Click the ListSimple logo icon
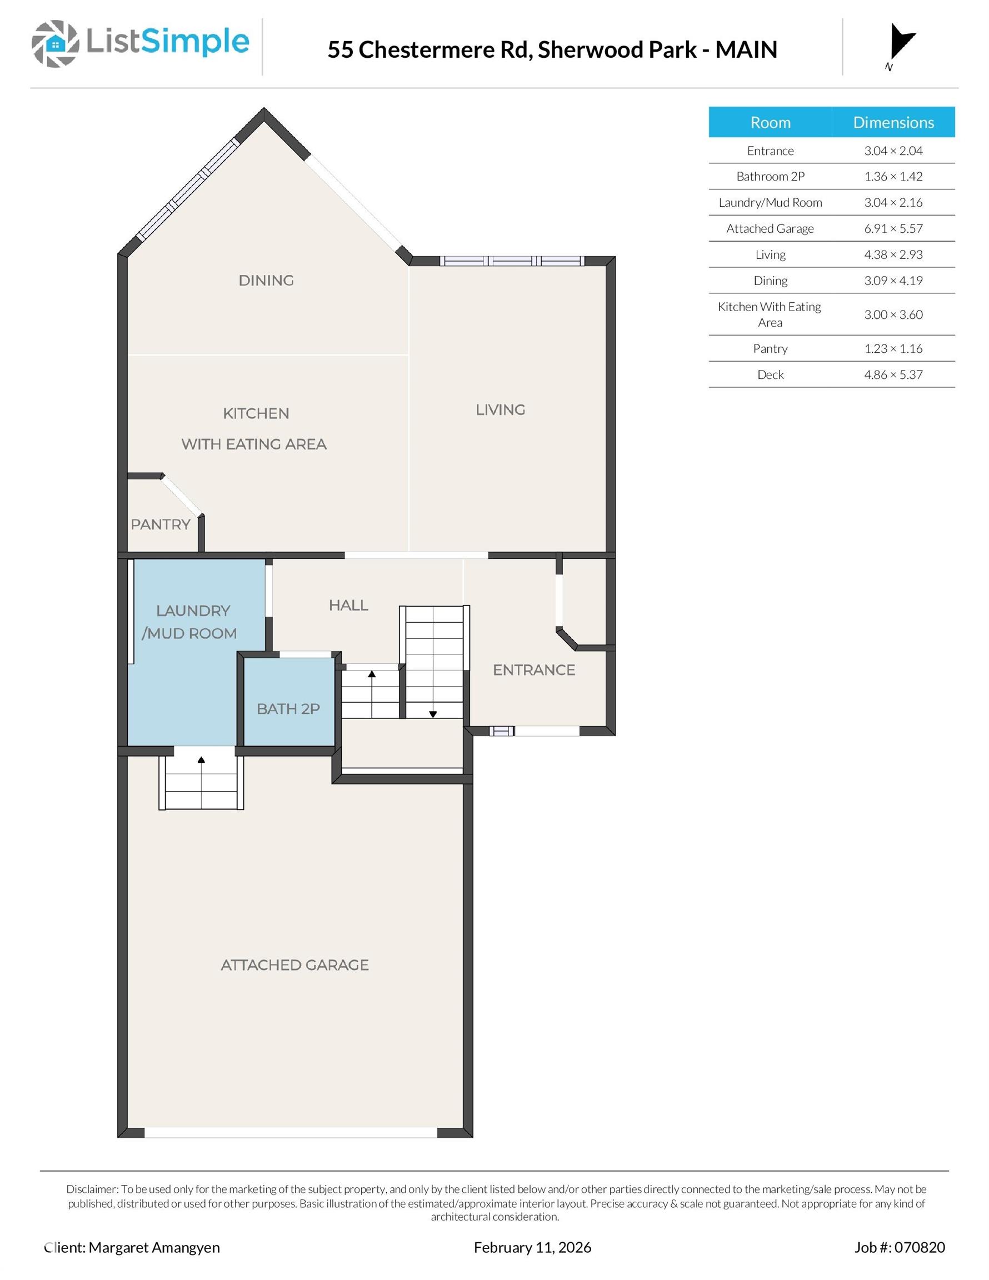tap(55, 44)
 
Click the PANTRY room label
tap(161, 524)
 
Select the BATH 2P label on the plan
tap(288, 708)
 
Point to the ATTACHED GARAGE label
tap(295, 964)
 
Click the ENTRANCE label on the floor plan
tap(534, 670)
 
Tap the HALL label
tap(348, 606)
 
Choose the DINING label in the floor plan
tap(266, 281)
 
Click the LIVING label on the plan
tap(500, 409)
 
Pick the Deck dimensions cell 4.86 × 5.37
tap(893, 374)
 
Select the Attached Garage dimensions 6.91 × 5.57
tap(893, 228)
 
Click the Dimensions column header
tap(893, 122)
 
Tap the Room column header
tap(770, 122)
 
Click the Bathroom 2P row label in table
tap(770, 177)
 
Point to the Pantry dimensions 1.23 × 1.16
tap(893, 349)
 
